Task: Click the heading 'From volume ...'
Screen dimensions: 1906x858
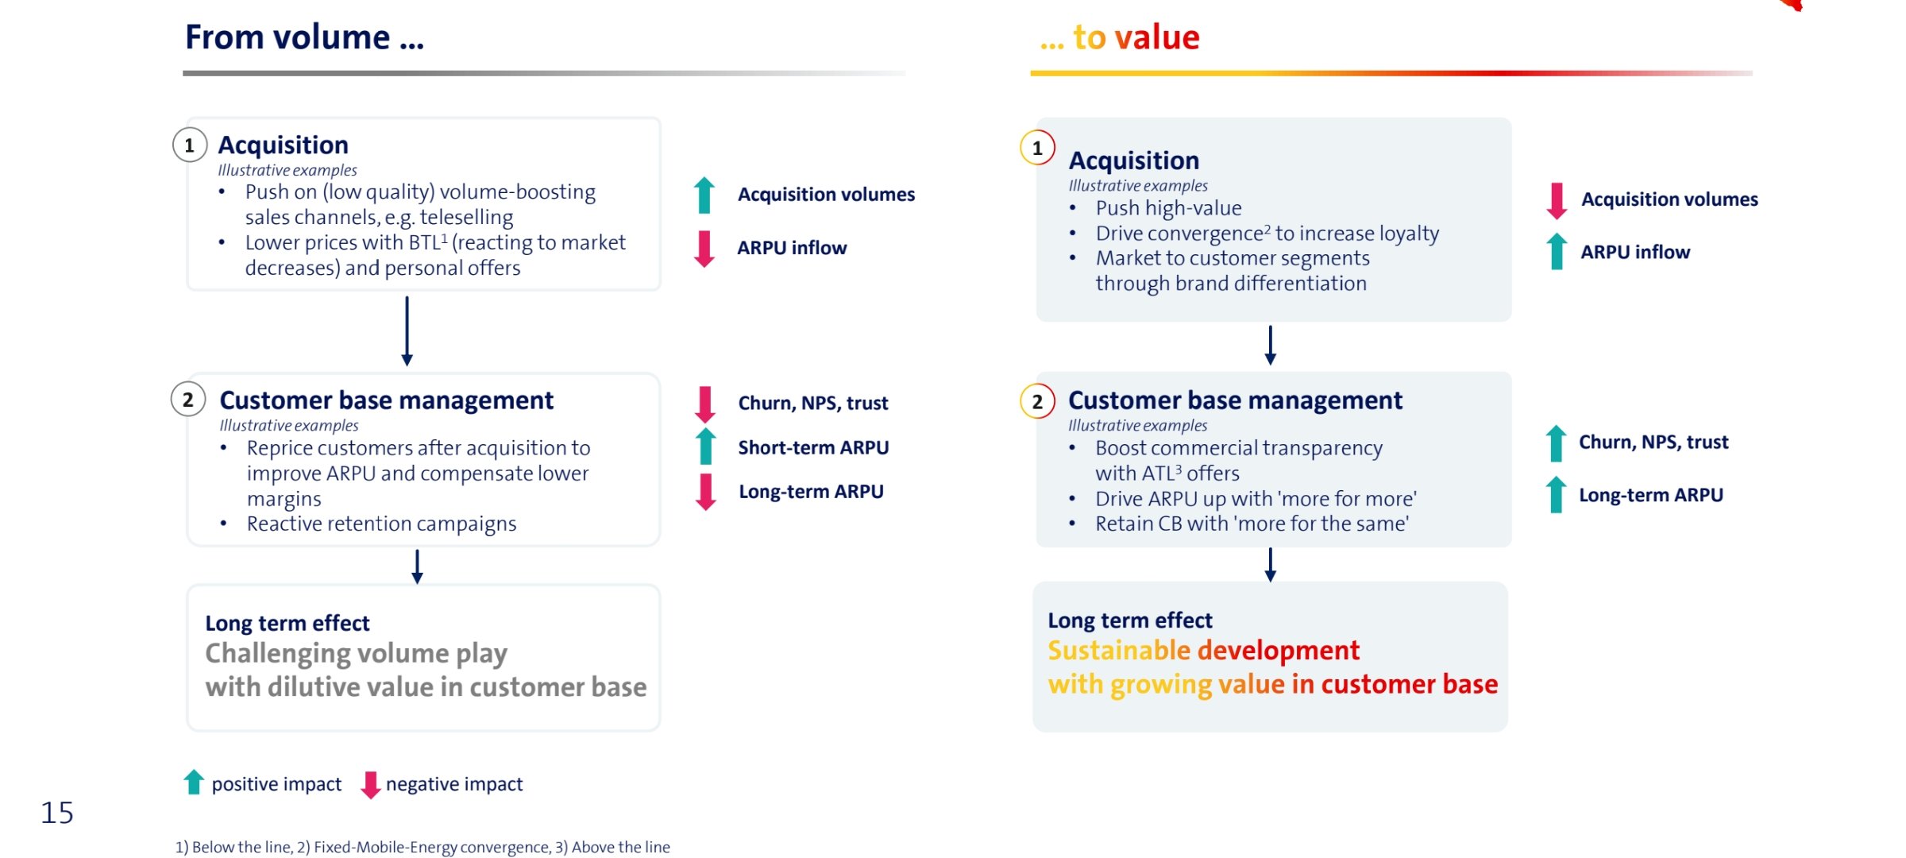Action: [304, 37]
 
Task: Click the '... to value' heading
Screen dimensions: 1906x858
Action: [1120, 37]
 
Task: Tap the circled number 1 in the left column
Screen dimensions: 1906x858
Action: [190, 145]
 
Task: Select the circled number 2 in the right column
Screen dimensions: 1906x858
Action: [1037, 401]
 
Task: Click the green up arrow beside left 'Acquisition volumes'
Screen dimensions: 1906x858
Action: [704, 195]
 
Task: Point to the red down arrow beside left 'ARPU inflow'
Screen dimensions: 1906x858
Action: [704, 249]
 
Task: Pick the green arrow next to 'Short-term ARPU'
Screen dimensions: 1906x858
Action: [706, 446]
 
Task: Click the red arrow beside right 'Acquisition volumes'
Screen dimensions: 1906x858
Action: [1557, 200]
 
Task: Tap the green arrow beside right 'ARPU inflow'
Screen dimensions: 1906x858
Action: [1557, 251]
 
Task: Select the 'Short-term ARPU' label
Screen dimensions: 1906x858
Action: [813, 447]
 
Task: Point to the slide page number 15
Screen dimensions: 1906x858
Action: [57, 813]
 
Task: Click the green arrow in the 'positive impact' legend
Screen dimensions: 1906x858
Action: [194, 782]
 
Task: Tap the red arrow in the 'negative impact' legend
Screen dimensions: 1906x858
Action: [370, 785]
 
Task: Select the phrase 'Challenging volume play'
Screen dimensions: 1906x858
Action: [356, 654]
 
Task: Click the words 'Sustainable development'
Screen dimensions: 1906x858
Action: [1203, 651]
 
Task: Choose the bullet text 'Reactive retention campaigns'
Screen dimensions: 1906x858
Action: [381, 524]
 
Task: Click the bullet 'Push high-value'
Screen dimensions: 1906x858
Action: [1168, 208]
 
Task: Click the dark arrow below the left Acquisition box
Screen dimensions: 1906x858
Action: [407, 331]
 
